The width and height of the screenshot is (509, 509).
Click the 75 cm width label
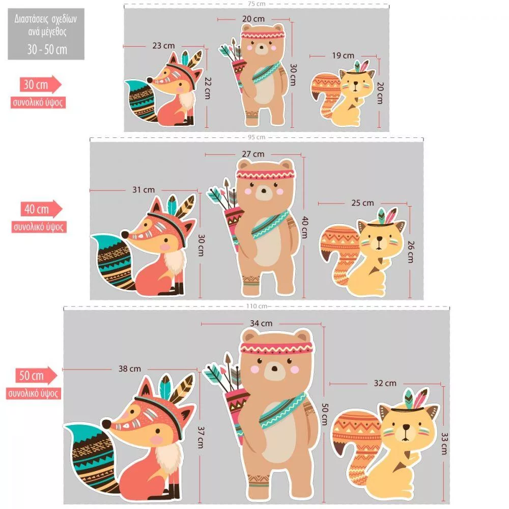(x=257, y=4)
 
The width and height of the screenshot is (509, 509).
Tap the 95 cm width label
(x=257, y=137)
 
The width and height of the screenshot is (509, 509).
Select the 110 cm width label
(x=257, y=306)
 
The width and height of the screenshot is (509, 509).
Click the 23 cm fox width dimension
(x=163, y=46)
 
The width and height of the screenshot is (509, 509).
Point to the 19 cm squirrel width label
(x=343, y=55)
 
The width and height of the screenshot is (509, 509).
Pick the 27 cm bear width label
(x=253, y=154)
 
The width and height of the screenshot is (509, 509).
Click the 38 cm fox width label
(x=129, y=369)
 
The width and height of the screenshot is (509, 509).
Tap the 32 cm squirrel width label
(x=385, y=383)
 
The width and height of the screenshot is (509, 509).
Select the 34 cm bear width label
(x=261, y=323)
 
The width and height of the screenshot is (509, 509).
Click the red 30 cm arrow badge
(x=41, y=84)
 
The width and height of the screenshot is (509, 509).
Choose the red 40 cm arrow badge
(x=42, y=209)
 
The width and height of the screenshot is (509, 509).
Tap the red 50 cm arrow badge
(x=36, y=376)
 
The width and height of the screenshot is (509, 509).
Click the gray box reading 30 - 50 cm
(x=46, y=34)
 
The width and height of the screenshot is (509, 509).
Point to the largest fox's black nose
(x=106, y=424)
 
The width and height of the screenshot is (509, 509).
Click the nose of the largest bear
(x=275, y=369)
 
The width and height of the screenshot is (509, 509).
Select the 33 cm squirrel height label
(x=444, y=443)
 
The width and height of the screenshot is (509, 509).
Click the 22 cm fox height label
(x=208, y=88)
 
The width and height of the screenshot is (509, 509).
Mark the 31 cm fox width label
(x=144, y=189)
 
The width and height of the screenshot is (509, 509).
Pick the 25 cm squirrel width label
(x=362, y=203)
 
